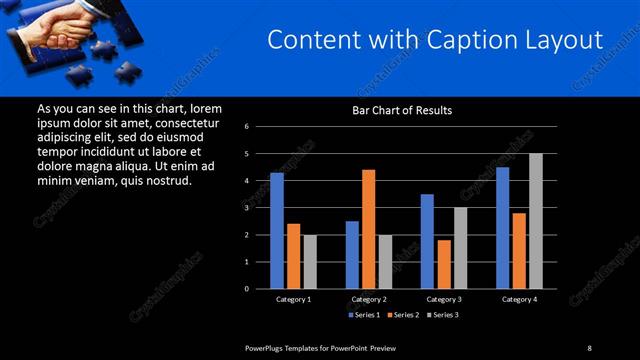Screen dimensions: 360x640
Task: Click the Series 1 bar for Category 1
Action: [x=277, y=231]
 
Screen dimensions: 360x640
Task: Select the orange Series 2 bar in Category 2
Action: [x=368, y=229]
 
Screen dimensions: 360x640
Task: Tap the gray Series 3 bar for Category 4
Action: [x=535, y=221]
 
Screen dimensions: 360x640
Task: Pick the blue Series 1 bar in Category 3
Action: [x=427, y=241]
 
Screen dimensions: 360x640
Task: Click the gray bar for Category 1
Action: [x=309, y=261]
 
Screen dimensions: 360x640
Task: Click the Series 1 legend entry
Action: [x=365, y=315]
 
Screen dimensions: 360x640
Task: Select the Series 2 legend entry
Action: [x=402, y=315]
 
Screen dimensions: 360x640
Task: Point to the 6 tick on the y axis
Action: [x=260, y=127]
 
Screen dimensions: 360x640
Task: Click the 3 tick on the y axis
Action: [x=260, y=208]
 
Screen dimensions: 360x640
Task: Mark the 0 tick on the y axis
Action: [x=260, y=289]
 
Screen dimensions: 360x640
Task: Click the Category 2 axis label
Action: [x=369, y=299]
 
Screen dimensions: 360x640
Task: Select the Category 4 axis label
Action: [x=519, y=299]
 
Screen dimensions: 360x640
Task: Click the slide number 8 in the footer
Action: [x=589, y=347]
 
